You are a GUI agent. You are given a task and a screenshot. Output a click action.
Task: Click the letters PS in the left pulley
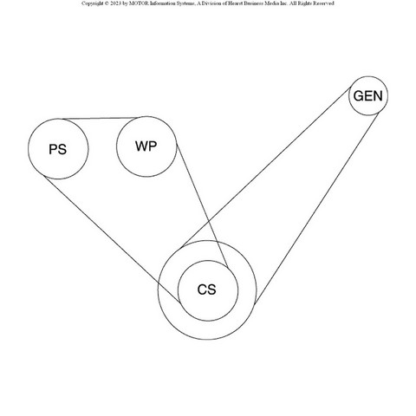pos(58,149)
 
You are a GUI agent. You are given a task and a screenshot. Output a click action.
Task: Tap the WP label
pos(146,146)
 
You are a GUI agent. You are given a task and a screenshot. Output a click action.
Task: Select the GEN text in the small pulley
pos(368,96)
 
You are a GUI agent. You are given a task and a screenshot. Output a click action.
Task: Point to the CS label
pos(206,289)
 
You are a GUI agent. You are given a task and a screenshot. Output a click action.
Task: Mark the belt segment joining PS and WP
pos(100,118)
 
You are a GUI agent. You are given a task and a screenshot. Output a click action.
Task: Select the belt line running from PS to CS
pos(112,239)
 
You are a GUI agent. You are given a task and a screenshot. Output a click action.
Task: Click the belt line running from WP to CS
pos(202,206)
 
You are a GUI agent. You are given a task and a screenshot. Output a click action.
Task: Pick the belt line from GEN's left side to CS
pos(266,167)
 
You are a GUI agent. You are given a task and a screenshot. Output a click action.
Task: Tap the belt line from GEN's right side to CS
pos(316,209)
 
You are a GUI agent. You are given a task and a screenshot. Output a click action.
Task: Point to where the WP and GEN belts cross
pos(209,222)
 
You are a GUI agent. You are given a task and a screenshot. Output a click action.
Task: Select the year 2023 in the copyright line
pos(115,3)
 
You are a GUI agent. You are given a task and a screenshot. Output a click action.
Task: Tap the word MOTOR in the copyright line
pos(139,3)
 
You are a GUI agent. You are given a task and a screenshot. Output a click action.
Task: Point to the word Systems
pos(185,3)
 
